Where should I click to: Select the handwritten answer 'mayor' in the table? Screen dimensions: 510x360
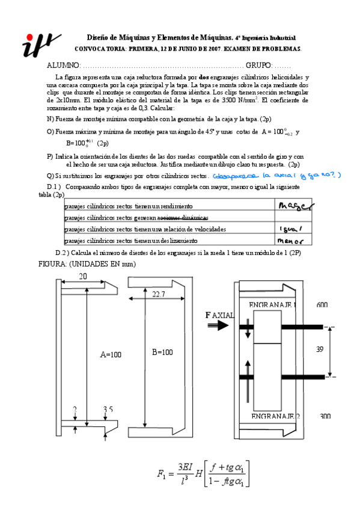294,207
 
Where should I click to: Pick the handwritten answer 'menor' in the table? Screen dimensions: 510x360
291,240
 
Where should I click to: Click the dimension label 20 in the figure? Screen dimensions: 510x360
83,275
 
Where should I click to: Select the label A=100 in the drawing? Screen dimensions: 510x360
111,354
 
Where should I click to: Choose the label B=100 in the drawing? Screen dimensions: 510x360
162,352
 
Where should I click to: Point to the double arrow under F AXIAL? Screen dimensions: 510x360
218,325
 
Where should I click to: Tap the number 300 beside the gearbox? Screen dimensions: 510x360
325,416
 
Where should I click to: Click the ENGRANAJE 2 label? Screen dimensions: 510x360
275,416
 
